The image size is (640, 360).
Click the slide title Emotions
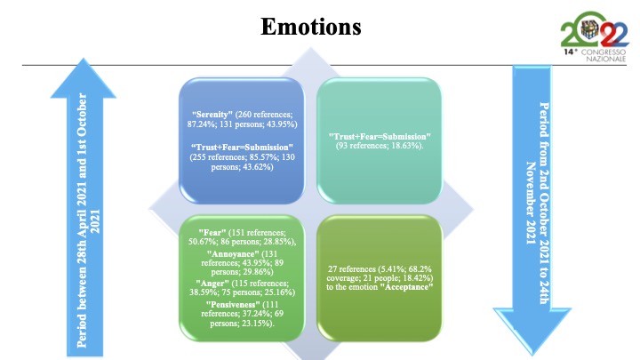(311, 27)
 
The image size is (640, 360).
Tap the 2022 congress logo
(595, 36)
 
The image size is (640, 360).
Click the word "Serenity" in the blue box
(212, 115)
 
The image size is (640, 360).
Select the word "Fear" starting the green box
(212, 232)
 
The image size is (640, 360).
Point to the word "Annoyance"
(233, 254)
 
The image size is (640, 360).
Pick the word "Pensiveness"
(233, 305)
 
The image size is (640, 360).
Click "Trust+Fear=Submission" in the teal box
(380, 136)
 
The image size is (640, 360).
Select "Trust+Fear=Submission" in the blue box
(242, 148)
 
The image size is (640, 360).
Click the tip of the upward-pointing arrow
(84, 59)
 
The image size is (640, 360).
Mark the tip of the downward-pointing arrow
(532, 354)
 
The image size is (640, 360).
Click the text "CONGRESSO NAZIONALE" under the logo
(604, 55)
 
